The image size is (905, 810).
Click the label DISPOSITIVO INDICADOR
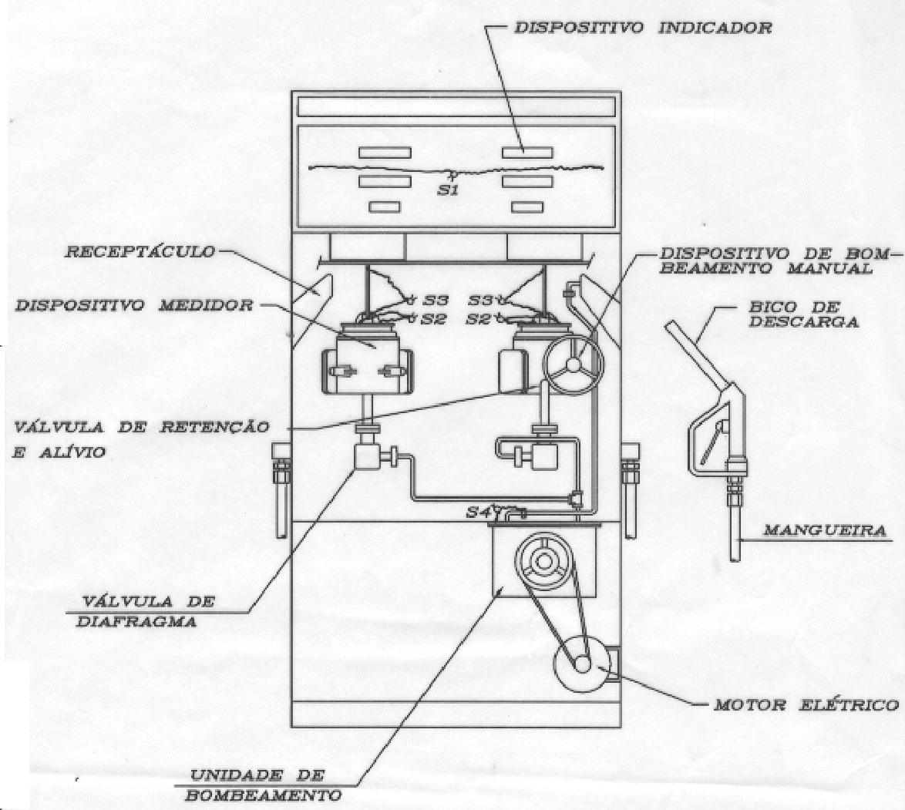point(642,28)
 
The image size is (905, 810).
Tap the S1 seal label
point(447,190)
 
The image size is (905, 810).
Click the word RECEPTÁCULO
point(140,252)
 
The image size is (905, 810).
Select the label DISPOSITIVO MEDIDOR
point(134,305)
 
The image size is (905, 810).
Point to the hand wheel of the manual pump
point(573,365)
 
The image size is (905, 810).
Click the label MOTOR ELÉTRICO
point(806,705)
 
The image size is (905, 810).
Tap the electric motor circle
point(582,664)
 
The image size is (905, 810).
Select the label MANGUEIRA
point(825,529)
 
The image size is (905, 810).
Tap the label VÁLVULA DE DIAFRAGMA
point(147,611)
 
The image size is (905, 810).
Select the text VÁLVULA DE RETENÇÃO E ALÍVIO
point(141,439)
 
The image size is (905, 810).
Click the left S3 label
point(436,301)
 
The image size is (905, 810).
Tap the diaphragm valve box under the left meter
point(367,455)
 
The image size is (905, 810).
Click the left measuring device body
point(367,365)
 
